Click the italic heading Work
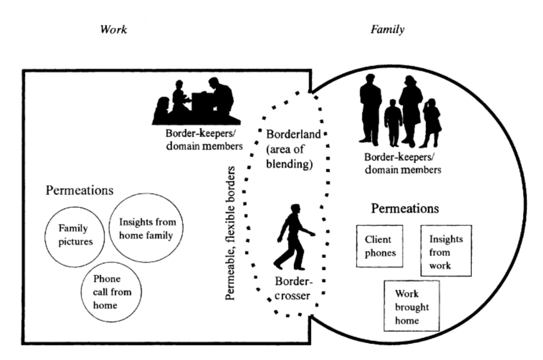point(114,29)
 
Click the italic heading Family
point(387,29)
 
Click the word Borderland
point(293,134)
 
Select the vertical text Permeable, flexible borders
point(230,233)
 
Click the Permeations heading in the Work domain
point(80,190)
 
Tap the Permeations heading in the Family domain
point(405,208)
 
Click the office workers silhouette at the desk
point(196,101)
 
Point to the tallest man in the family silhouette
point(370,110)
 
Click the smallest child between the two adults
point(393,123)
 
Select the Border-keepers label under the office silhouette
point(204,140)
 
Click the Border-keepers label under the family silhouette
point(403,164)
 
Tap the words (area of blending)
point(289,157)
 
